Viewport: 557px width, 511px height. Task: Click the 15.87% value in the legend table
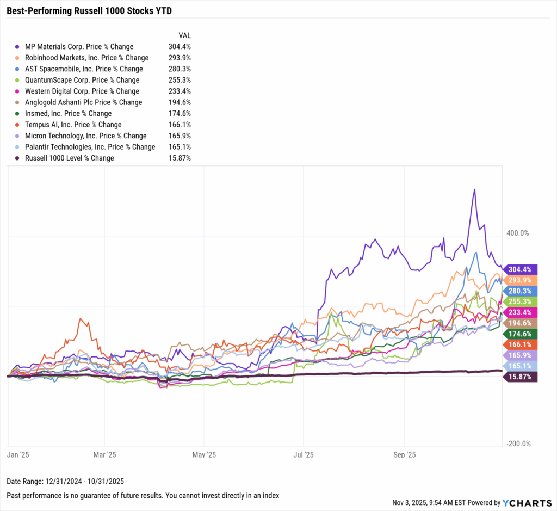pyautogui.click(x=181, y=158)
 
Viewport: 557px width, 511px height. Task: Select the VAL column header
pyautogui.click(x=185, y=35)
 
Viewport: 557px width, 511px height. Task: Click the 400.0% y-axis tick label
pyautogui.click(x=517, y=233)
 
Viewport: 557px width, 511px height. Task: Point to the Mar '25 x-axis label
pyautogui.click(x=104, y=454)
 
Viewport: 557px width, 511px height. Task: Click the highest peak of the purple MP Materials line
pyautogui.click(x=474, y=190)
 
